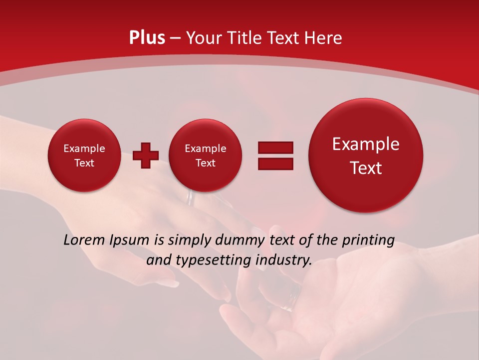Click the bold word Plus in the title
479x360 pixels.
click(147, 38)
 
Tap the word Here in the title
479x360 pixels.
click(324, 38)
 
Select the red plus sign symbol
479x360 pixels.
click(146, 155)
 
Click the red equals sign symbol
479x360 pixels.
click(275, 155)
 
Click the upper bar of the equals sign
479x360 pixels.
click(275, 147)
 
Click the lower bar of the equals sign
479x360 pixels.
click(275, 164)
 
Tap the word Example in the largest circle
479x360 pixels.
click(366, 144)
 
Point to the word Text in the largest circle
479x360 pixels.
click(366, 168)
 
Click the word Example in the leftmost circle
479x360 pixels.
click(84, 148)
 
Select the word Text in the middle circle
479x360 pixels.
click(205, 163)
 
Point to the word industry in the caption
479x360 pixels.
click(283, 260)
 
